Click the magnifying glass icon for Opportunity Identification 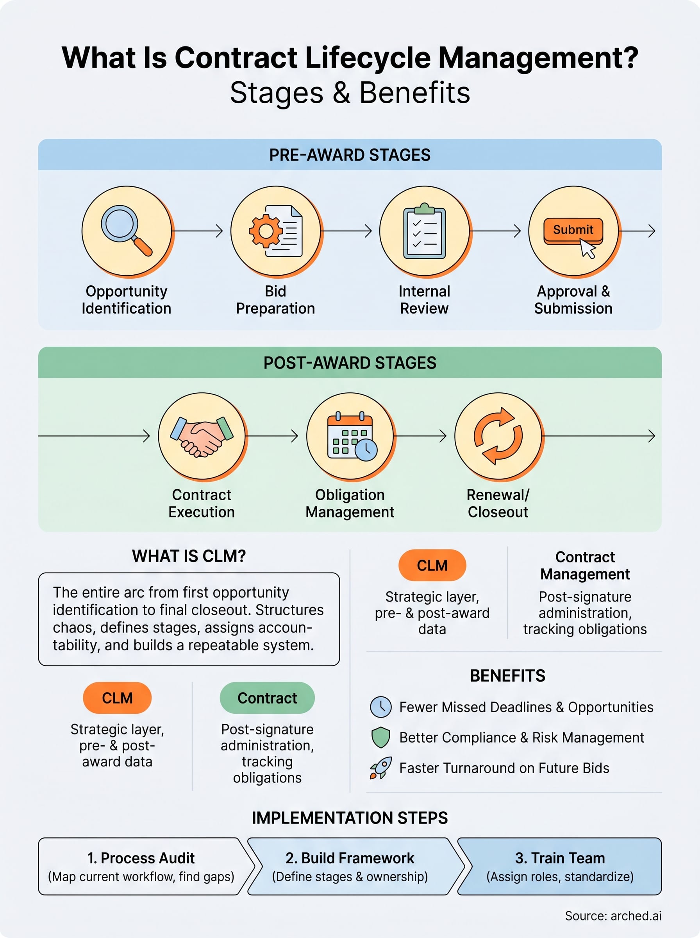point(126,231)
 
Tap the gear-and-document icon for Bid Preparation point(275,231)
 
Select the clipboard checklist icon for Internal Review point(424,231)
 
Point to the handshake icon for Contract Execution point(202,436)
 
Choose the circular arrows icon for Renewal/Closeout point(498,436)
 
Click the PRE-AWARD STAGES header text point(350,155)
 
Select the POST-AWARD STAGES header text point(350,363)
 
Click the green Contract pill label point(267,698)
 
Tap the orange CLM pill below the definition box point(117,698)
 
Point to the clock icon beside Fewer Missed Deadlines point(380,707)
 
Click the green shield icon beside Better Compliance point(380,738)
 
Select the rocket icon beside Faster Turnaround point(380,768)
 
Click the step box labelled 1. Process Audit point(141,866)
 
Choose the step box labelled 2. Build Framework point(350,866)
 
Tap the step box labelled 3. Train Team point(560,866)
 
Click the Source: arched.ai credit point(613,916)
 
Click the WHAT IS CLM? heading point(189,556)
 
